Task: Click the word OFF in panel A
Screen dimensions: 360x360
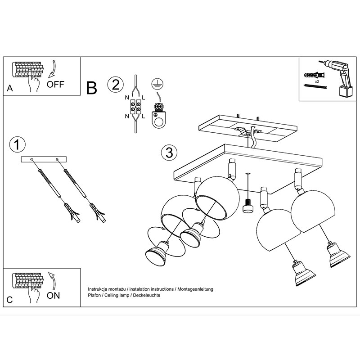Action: click(x=55, y=85)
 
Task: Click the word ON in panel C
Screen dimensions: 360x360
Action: click(x=53, y=296)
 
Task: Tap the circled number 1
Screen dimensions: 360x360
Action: click(x=17, y=144)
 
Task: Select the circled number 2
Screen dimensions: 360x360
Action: click(x=116, y=84)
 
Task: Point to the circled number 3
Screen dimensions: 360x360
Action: click(x=170, y=153)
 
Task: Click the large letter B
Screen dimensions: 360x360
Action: click(x=92, y=88)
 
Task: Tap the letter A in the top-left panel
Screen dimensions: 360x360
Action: click(x=9, y=88)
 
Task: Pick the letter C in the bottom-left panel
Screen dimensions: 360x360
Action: click(x=9, y=300)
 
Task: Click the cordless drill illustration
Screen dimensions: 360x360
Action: click(x=337, y=77)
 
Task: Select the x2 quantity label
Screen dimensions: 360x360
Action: click(x=317, y=81)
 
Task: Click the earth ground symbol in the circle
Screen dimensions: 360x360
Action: click(x=157, y=84)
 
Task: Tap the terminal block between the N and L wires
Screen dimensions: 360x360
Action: click(x=135, y=107)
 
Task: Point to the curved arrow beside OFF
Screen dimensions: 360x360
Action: click(x=52, y=69)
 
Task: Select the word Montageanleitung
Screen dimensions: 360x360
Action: click(x=195, y=289)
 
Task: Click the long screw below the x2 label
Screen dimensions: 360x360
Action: click(x=315, y=86)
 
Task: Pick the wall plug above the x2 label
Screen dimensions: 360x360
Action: click(x=314, y=75)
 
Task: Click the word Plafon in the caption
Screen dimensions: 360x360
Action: click(x=94, y=295)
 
